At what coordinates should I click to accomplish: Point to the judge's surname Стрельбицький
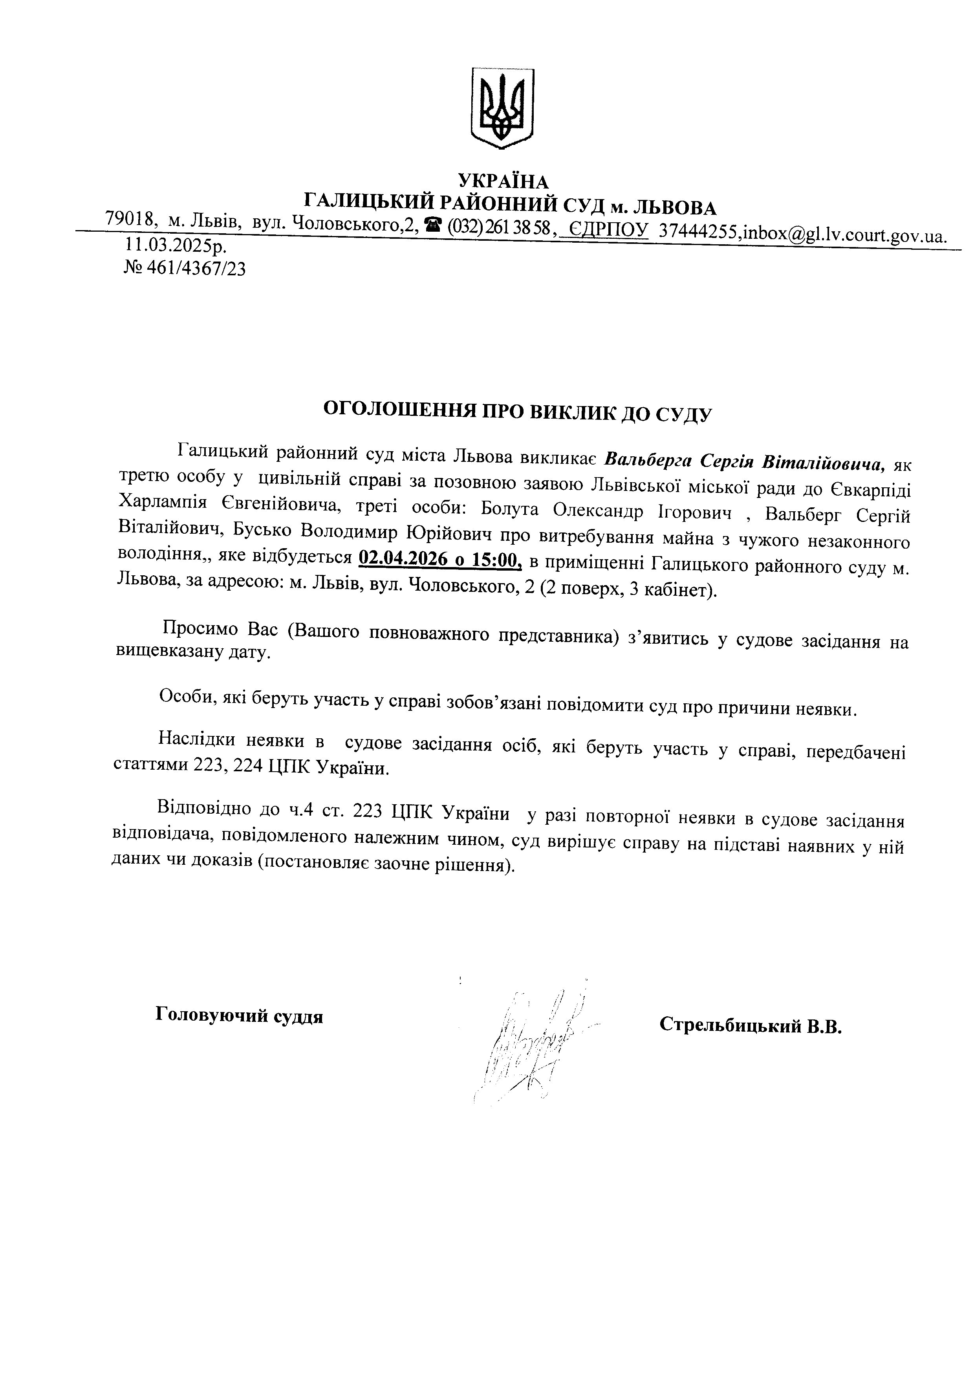tap(730, 1025)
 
